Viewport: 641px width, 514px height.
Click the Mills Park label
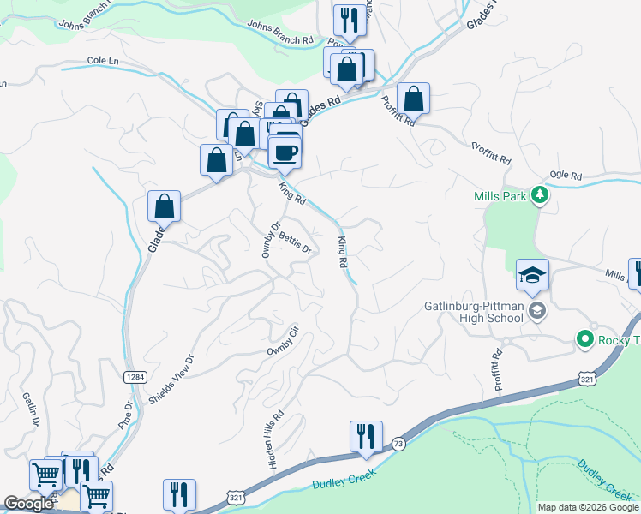[x=499, y=196]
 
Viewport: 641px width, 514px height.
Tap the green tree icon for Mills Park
[x=539, y=196]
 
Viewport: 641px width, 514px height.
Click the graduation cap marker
[x=532, y=275]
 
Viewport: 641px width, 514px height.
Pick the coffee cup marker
[x=285, y=152]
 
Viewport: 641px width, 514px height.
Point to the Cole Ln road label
[x=102, y=62]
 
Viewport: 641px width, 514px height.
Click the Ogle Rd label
[x=565, y=174]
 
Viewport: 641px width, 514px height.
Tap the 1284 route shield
[x=134, y=376]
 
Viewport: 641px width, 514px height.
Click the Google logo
[x=28, y=505]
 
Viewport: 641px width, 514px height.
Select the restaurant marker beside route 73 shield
[x=366, y=435]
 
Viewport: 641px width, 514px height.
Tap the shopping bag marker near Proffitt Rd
[x=413, y=99]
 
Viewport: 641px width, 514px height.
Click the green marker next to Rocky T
[x=586, y=340]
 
